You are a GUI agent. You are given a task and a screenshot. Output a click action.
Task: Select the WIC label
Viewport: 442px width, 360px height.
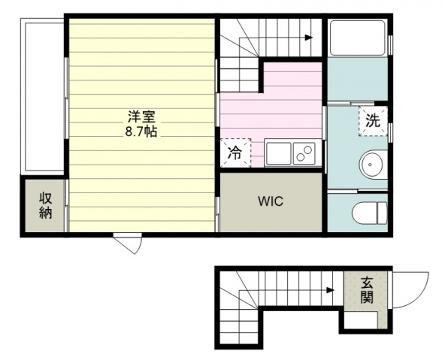point(271,201)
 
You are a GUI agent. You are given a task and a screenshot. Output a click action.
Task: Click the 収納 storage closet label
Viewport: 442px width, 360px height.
point(45,205)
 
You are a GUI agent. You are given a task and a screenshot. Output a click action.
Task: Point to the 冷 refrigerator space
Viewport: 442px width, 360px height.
point(235,153)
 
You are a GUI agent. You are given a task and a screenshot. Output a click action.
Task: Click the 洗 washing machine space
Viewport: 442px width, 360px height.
point(373,121)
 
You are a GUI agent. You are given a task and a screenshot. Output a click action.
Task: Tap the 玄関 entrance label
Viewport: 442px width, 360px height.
point(367,290)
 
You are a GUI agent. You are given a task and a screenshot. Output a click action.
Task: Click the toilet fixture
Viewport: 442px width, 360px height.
point(370,213)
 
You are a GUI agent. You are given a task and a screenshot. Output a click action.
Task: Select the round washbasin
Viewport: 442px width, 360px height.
point(371,165)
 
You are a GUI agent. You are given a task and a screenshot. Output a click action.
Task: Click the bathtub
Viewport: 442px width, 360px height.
point(358,38)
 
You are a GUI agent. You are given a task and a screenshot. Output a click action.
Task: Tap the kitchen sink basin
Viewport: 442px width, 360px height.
point(278,153)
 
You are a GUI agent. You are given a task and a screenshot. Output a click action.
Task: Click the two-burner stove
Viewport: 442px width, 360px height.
point(304,153)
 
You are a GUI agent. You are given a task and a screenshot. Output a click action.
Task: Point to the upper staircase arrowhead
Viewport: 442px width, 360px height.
point(309,38)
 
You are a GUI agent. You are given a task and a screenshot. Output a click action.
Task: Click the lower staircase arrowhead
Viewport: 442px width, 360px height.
point(331,290)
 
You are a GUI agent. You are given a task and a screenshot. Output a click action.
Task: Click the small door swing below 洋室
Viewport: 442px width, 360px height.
point(128,243)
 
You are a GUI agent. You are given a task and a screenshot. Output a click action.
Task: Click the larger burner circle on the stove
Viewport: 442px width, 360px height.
point(307,149)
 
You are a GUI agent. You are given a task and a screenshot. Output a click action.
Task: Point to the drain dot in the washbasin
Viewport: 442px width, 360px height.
point(370,165)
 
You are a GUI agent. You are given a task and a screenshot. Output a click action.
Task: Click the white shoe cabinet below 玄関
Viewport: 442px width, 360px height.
point(361,319)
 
